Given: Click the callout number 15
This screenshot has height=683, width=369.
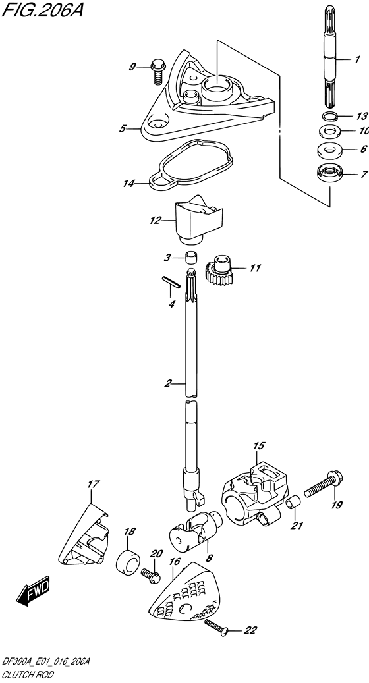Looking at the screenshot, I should point(256,445).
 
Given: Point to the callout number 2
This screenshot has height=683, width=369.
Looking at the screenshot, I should point(168,383).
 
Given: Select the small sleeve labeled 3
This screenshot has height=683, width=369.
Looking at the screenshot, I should point(190,256).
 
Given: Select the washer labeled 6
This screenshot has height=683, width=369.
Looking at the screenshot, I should point(328,150).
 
